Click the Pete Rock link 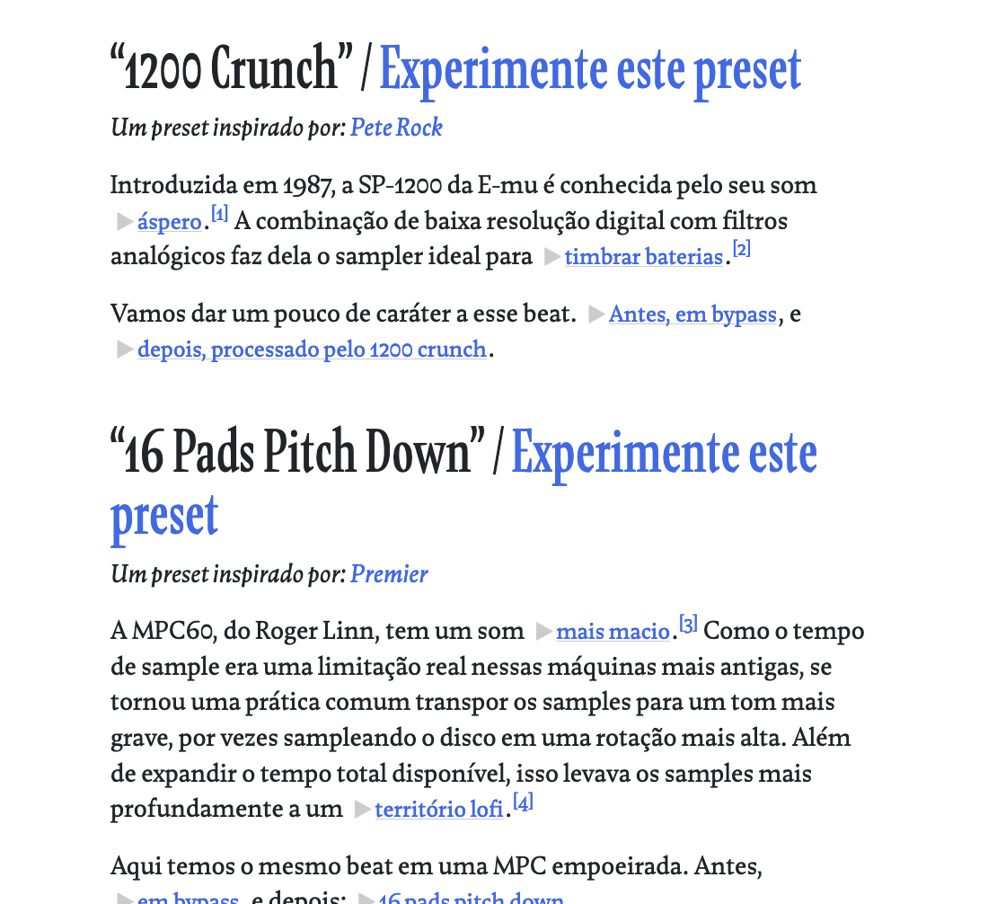coord(396,128)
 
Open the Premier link coord(389,573)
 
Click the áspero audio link coord(169,222)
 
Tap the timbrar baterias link coord(643,258)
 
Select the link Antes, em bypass coord(692,315)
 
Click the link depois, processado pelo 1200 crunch coord(312,350)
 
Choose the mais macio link coord(613,632)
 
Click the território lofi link coord(438,810)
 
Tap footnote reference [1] coord(220,214)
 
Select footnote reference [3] coord(688,624)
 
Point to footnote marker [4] coord(523,802)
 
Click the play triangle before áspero coord(125,222)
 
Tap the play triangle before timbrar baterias coord(551,258)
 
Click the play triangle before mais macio coord(543,632)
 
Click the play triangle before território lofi coord(362,810)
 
